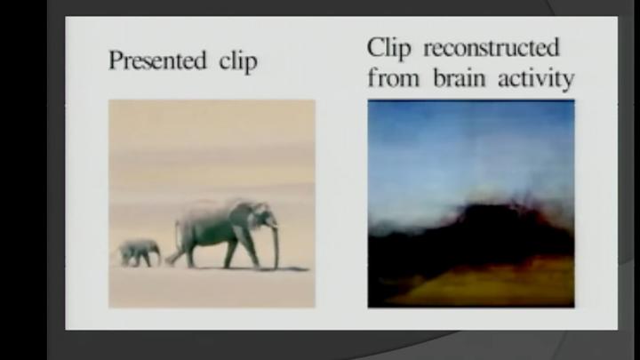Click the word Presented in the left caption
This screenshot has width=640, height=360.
[x=156, y=61]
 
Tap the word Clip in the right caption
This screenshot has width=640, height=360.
[x=393, y=46]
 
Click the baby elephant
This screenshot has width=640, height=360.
[x=139, y=252]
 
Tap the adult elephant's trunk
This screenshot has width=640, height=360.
[x=275, y=244]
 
